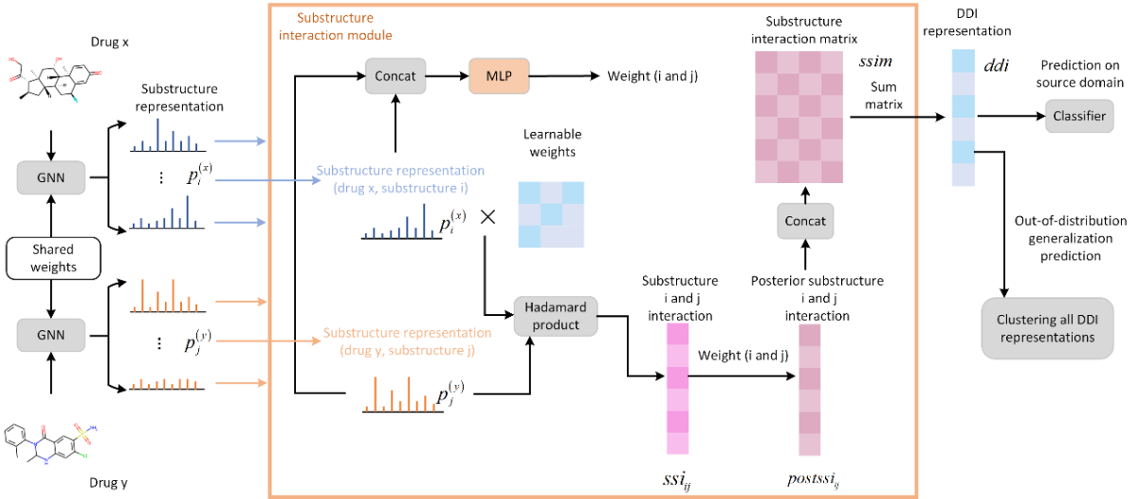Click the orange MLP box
[x=497, y=74]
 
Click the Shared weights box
[x=42, y=257]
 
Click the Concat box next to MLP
[x=394, y=74]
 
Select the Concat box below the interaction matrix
[x=805, y=220]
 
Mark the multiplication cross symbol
[x=488, y=216]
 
